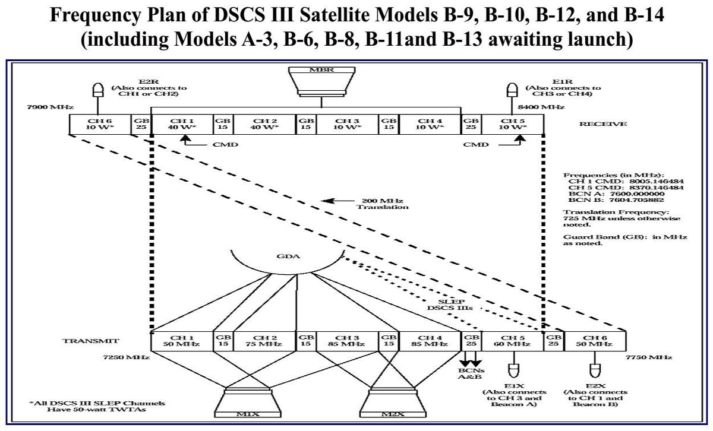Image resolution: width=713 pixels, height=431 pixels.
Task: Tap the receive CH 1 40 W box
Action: [182, 124]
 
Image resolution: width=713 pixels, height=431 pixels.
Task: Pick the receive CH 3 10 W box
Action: [348, 124]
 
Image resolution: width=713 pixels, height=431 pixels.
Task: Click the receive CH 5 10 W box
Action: [512, 124]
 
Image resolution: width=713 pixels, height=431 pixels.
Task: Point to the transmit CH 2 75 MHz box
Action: [265, 340]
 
